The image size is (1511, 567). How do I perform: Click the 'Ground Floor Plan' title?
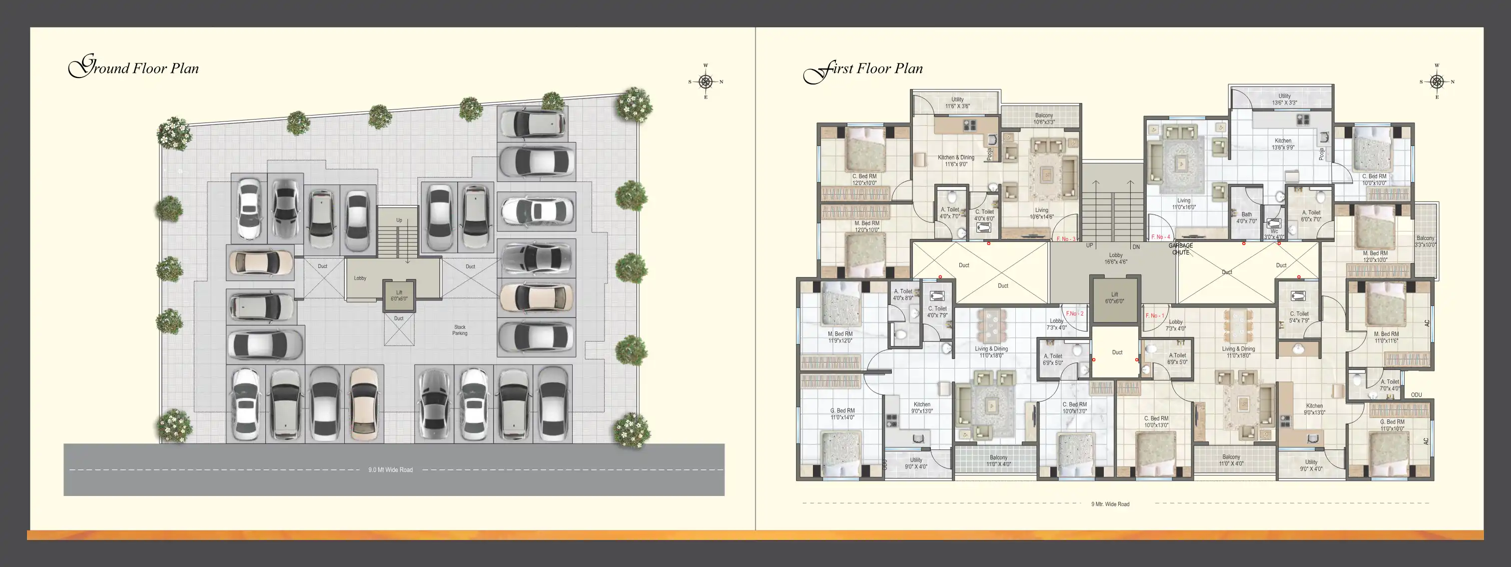[134, 68]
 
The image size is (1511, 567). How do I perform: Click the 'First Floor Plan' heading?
[863, 69]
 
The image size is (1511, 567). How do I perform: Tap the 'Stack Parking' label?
[460, 330]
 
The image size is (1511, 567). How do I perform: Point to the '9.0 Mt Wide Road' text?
[390, 470]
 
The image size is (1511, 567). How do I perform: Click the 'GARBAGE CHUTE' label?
[1180, 249]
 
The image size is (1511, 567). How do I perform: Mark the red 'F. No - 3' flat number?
[1066, 239]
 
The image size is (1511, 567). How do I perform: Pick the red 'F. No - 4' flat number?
[1160, 237]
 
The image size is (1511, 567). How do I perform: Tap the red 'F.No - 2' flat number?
[1075, 314]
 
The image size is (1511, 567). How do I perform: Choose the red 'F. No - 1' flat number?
[1154, 316]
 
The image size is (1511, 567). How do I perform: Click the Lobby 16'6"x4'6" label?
[1115, 259]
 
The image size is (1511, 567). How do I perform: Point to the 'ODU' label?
[1416, 395]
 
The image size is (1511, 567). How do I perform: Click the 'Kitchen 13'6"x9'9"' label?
[1283, 144]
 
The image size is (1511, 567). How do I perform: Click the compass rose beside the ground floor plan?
[705, 81]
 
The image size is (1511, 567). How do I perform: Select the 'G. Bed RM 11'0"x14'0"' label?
[842, 414]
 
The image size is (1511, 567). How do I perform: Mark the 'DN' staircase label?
[1136, 247]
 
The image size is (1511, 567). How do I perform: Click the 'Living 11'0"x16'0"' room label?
[1184, 203]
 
